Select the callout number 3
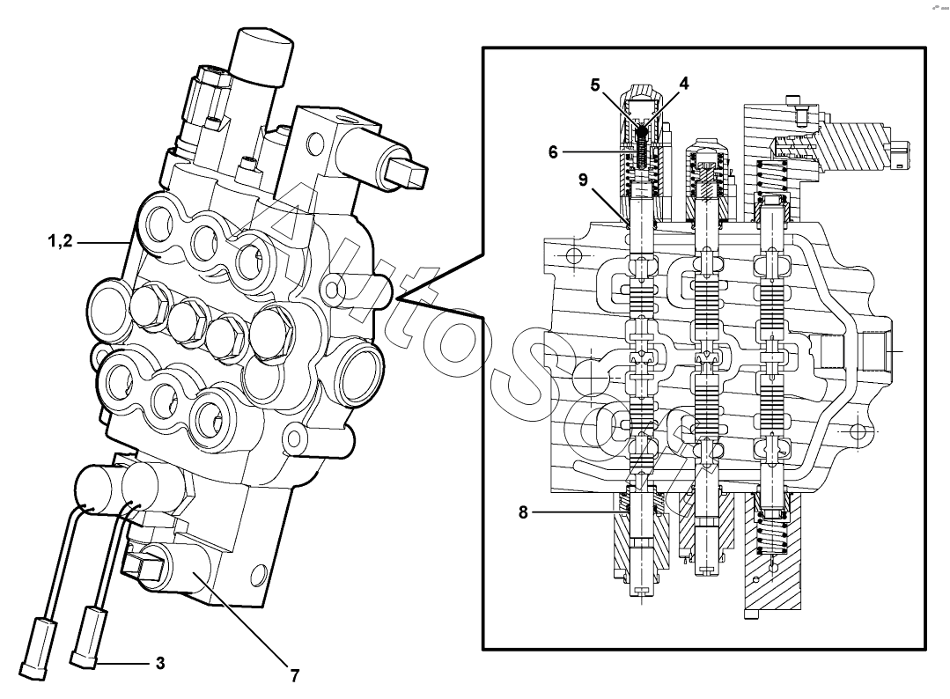pos(159,662)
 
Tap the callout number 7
pos(295,676)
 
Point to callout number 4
pos(683,85)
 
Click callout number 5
pos(595,85)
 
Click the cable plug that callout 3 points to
pos(90,636)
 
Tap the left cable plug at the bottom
pos(36,648)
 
